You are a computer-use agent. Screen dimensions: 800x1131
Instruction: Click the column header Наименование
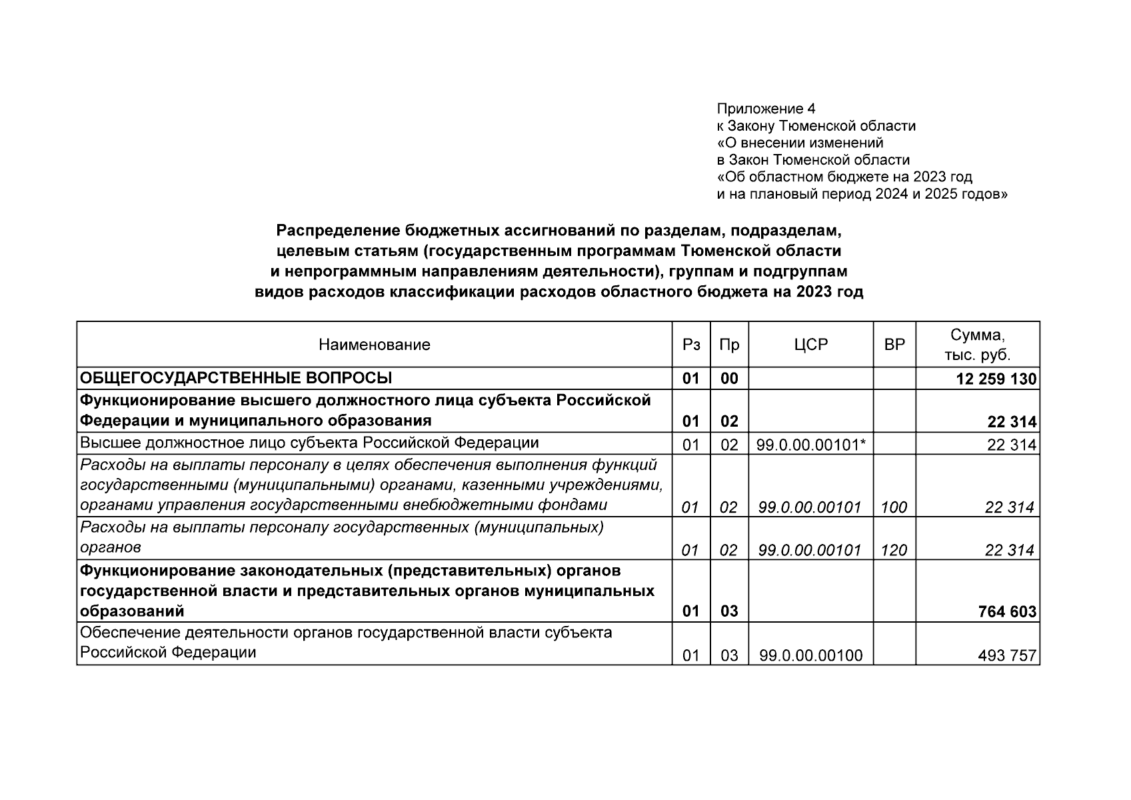coord(374,345)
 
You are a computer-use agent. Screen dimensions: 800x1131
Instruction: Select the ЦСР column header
coord(810,345)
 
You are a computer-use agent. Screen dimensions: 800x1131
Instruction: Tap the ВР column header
coord(894,345)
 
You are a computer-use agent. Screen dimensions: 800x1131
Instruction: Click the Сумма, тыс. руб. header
coord(977,345)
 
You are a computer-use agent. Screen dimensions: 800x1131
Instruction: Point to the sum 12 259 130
coord(996,379)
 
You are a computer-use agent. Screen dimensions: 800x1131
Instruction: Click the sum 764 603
coord(1007,611)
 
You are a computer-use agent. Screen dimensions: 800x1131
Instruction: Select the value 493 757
coord(1007,655)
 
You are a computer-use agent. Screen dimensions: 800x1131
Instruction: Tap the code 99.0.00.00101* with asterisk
coord(810,445)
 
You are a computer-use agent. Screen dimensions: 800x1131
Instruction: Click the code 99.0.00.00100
coord(810,655)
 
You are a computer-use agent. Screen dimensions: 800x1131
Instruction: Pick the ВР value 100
coord(894,507)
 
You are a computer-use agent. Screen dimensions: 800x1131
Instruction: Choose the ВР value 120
coord(894,550)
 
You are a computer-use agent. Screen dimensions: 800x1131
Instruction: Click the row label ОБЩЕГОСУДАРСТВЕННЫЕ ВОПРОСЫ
coord(236,379)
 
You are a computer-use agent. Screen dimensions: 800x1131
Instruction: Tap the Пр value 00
coord(729,379)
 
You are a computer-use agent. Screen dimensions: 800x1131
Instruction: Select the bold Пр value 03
coord(729,611)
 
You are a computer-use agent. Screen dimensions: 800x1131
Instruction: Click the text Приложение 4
coord(766,109)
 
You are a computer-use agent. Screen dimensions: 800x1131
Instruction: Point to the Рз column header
coord(691,345)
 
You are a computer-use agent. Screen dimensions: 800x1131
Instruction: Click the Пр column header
coord(729,345)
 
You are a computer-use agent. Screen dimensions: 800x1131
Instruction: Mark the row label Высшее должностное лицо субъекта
coord(309,443)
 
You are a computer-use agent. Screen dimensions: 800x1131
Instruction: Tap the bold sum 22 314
coord(1012,422)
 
